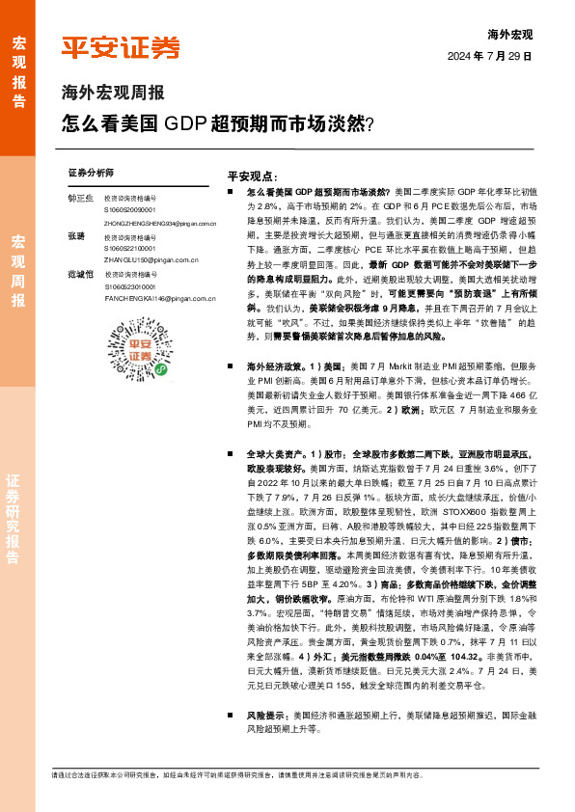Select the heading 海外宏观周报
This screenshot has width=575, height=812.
tap(113, 94)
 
